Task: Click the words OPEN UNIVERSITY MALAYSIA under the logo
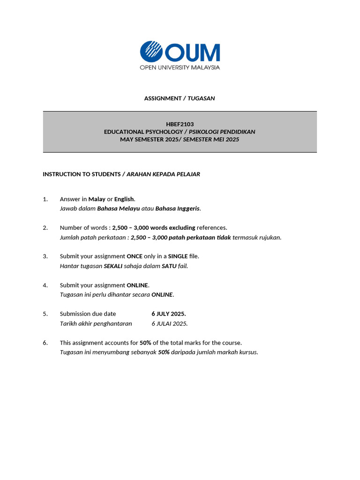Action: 180,67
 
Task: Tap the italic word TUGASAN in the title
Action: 201,98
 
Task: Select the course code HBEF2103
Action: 180,124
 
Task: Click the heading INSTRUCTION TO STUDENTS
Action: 82,174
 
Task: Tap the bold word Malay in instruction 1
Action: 97,199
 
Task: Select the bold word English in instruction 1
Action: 124,199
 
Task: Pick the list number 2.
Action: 45,228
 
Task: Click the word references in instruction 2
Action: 211,228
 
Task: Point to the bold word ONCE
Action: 135,256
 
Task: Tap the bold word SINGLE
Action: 178,256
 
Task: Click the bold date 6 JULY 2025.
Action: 168,314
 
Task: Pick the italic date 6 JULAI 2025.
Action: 169,323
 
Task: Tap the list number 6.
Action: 45,343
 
